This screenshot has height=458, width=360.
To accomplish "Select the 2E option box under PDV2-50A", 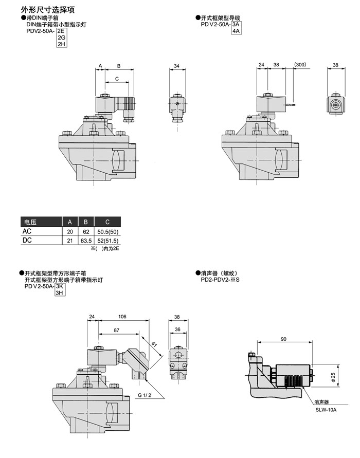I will [x=61, y=31].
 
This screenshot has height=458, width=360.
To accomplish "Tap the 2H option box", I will [x=61, y=44].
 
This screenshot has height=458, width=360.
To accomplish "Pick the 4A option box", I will [x=237, y=31].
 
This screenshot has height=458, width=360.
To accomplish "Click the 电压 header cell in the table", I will [x=29, y=222].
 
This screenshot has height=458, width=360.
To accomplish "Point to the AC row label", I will [x=27, y=231].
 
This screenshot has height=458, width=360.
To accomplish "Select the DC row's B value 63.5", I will [x=86, y=240].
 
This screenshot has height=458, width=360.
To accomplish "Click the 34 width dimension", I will [x=177, y=66].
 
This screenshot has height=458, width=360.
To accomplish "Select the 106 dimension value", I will [x=122, y=316].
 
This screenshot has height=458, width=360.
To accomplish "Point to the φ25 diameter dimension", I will [x=333, y=377].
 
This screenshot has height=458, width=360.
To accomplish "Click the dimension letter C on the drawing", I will [x=117, y=78].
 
